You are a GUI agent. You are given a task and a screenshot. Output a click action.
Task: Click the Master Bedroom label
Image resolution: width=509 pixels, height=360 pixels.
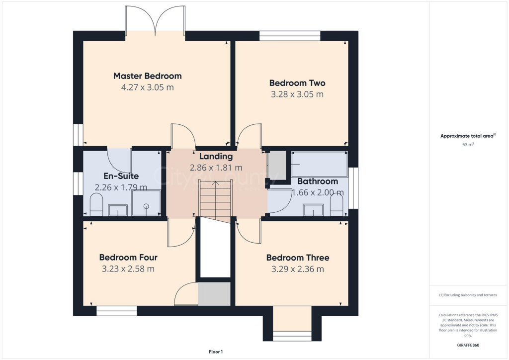pyautogui.click(x=147, y=76)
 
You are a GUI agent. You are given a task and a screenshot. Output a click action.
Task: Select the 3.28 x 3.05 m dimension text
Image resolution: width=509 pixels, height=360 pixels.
pyautogui.click(x=297, y=94)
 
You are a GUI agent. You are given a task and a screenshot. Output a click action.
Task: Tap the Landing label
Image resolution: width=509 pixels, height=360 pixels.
pyautogui.click(x=216, y=157)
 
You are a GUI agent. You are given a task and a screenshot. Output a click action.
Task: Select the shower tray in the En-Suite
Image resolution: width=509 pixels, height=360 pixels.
pyautogui.click(x=146, y=203)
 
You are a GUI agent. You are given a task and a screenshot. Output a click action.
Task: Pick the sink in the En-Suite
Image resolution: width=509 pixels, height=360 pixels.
pyautogui.click(x=118, y=210)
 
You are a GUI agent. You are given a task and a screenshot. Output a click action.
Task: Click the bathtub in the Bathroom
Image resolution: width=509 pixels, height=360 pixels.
pyautogui.click(x=319, y=164)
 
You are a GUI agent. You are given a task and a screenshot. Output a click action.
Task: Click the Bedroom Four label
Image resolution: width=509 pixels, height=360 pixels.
pyautogui.click(x=128, y=258)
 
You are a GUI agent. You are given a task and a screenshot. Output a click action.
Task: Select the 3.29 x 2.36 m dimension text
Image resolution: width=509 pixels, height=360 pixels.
pyautogui.click(x=297, y=269)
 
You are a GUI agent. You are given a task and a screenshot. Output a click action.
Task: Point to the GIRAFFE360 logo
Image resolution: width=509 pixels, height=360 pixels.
pyautogui.click(x=469, y=345)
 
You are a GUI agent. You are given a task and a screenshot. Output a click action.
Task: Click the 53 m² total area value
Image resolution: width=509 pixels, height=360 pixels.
pyautogui.click(x=468, y=145)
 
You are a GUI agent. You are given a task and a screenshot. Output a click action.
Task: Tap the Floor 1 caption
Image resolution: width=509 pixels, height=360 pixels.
pyautogui.click(x=216, y=352)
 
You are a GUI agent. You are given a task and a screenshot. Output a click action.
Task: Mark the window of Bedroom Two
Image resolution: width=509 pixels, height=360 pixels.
pyautogui.click(x=290, y=35)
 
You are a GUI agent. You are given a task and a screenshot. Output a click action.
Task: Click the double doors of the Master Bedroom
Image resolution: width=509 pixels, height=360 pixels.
pyautogui.click(x=155, y=20)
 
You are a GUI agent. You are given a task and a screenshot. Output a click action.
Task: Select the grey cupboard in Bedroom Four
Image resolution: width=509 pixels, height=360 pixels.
pyautogui.click(x=214, y=293)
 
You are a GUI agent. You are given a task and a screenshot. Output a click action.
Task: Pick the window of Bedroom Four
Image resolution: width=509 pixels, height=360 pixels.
pyautogui.click(x=116, y=311)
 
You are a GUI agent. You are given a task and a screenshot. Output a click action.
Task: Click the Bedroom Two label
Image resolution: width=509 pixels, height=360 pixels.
pyautogui.click(x=297, y=83)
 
